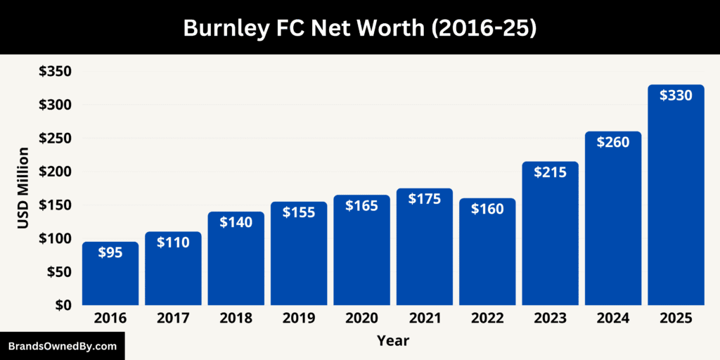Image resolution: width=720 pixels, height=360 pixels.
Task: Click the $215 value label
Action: pyautogui.click(x=550, y=173)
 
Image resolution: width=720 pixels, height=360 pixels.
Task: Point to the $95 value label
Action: pyautogui.click(x=110, y=252)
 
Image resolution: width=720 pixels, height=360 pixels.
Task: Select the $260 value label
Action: pyautogui.click(x=613, y=142)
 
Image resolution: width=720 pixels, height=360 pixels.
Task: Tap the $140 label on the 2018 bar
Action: pyautogui.click(x=236, y=222)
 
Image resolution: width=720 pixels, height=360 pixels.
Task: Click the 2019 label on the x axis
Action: pyautogui.click(x=299, y=319)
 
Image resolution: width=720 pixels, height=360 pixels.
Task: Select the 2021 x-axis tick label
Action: pyautogui.click(x=425, y=319)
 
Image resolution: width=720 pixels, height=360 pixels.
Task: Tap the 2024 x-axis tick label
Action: pyautogui.click(x=613, y=319)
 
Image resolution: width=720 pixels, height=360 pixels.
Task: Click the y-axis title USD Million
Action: pyautogui.click(x=23, y=188)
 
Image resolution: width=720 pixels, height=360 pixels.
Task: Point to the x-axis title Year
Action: pyautogui.click(x=393, y=341)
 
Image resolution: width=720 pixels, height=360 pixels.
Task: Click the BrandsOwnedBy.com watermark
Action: pyautogui.click(x=62, y=346)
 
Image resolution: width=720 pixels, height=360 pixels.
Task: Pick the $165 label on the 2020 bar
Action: pyautogui.click(x=361, y=205)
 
